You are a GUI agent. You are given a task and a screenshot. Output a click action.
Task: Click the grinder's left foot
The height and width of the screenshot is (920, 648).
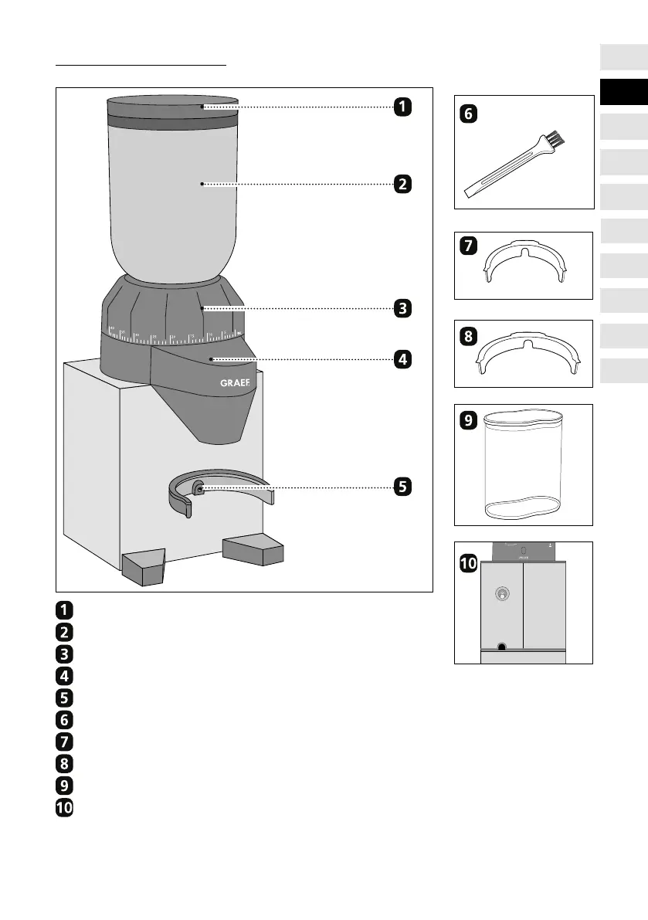click(144, 565)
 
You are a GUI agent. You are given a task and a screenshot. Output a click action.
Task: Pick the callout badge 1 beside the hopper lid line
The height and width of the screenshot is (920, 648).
click(402, 107)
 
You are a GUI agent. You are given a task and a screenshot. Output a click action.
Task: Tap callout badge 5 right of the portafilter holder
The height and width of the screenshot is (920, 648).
click(402, 487)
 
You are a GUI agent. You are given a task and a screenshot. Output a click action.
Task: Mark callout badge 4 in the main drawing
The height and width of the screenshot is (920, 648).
click(402, 359)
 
